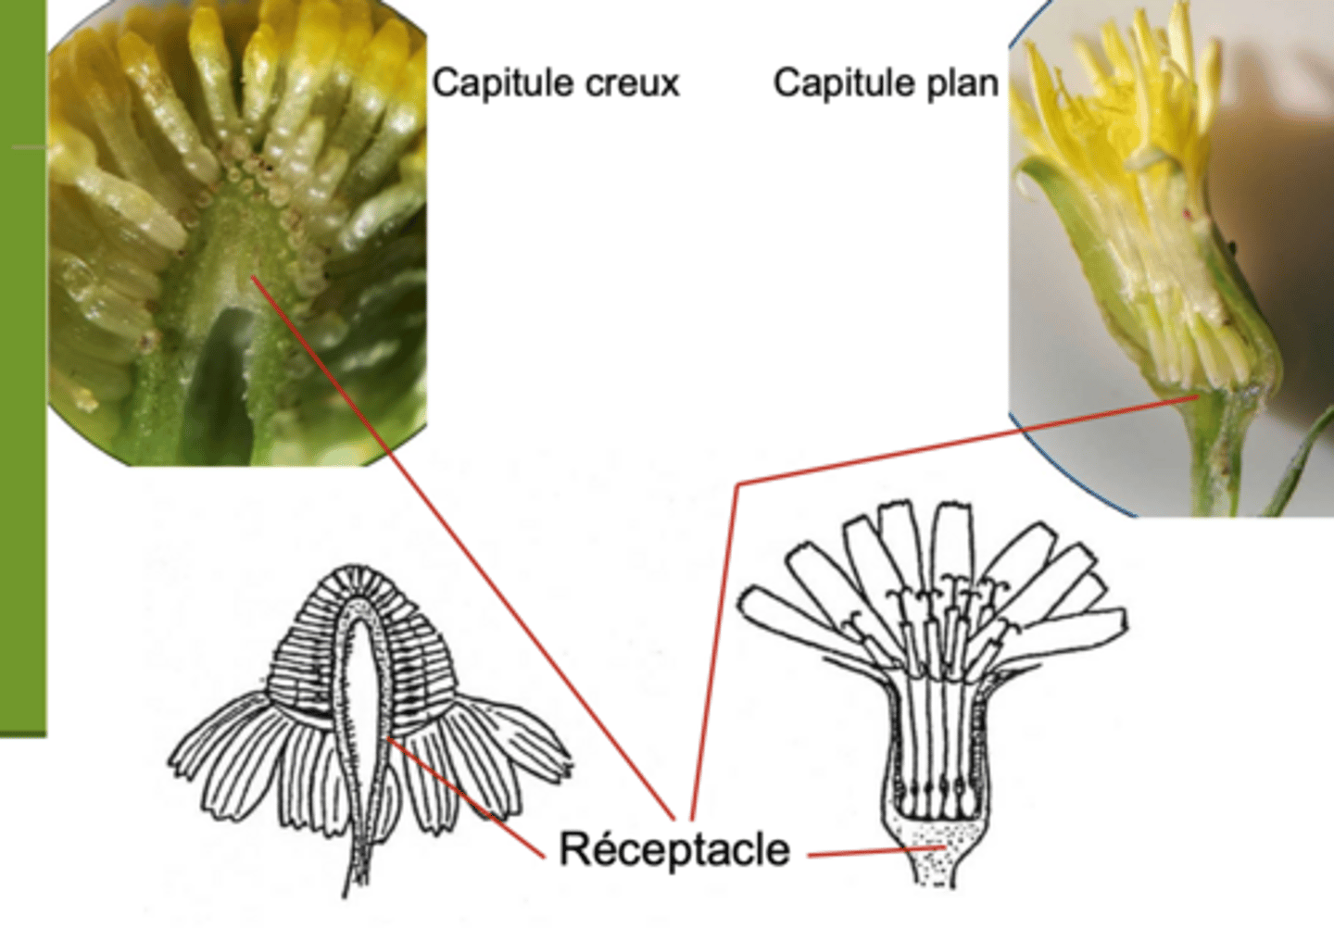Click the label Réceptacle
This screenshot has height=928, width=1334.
(x=674, y=849)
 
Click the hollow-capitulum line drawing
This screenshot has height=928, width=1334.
(x=370, y=726)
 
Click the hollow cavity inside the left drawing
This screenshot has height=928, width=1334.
(x=361, y=702)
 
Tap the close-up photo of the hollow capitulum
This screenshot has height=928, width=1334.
(x=237, y=232)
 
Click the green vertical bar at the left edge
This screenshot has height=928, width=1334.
(x=22, y=368)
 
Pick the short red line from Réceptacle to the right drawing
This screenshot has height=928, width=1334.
(x=876, y=851)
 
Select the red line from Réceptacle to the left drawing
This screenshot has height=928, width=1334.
(x=466, y=797)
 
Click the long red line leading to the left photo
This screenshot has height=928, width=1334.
(x=463, y=547)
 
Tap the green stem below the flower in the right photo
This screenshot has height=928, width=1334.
(x=1214, y=458)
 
